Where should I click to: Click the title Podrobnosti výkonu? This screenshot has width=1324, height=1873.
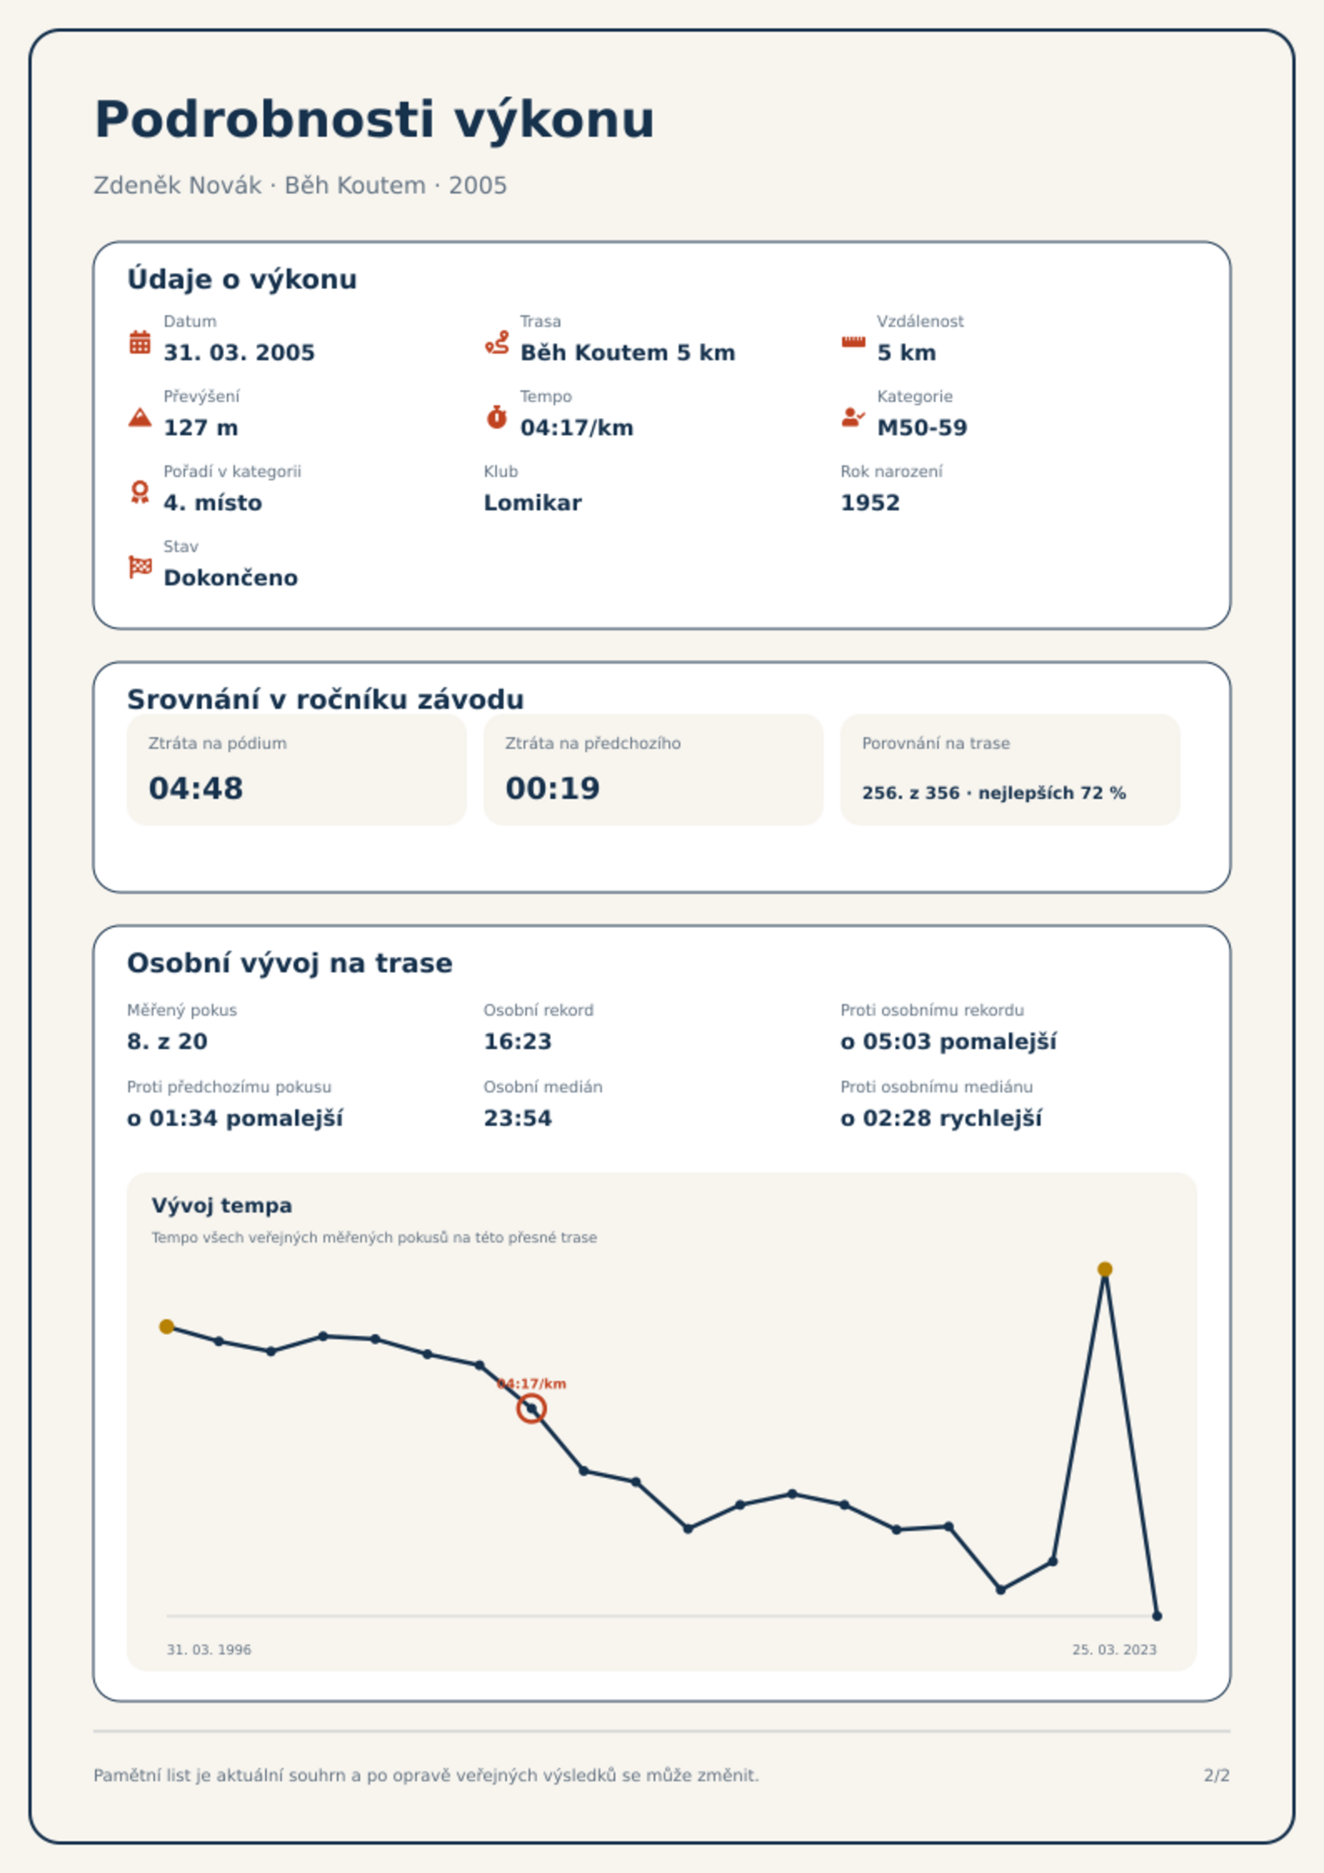[374, 120]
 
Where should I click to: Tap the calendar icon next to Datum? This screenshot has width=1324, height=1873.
[140, 342]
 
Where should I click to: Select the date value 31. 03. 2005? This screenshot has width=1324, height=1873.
[239, 353]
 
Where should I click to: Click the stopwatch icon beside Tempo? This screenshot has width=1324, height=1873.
[496, 417]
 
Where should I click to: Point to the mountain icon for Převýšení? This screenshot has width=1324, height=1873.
[140, 417]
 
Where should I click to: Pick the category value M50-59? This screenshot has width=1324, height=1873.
[922, 428]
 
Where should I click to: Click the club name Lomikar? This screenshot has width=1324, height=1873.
[533, 503]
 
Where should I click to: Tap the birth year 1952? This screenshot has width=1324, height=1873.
[870, 503]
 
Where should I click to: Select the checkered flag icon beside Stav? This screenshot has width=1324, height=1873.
[140, 567]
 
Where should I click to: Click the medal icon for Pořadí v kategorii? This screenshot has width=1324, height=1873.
[140, 492]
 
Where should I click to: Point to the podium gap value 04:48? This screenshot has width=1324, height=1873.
[196, 788]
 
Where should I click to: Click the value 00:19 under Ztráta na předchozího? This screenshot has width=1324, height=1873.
[553, 788]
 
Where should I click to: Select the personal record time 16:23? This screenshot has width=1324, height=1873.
[518, 1042]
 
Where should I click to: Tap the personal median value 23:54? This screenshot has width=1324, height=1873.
[518, 1118]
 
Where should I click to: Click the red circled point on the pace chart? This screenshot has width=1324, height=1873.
[531, 1409]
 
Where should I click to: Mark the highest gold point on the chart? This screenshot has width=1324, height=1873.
[1105, 1269]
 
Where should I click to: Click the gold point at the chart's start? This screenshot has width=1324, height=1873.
[167, 1327]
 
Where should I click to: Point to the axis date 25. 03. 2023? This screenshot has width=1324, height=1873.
[1114, 1650]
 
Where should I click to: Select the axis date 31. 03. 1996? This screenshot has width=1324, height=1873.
[209, 1650]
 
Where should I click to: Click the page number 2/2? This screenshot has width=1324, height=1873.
[1216, 1775]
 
